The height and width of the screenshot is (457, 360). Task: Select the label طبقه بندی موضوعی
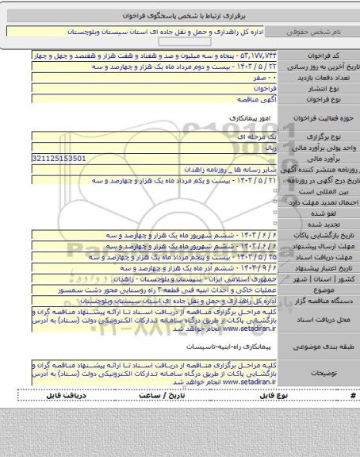325,348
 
